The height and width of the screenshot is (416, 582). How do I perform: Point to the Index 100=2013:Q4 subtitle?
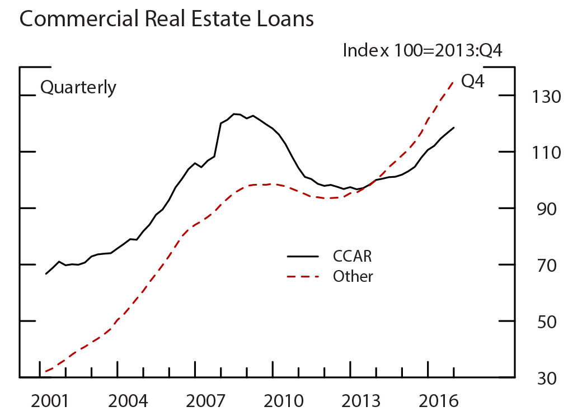pyautogui.click(x=423, y=50)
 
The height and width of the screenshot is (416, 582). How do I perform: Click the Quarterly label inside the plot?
pyautogui.click(x=78, y=88)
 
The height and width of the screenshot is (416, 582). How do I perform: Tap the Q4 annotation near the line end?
pyautogui.click(x=472, y=81)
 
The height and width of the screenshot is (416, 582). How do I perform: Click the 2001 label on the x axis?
pyautogui.click(x=50, y=401)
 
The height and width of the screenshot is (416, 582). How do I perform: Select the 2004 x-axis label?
pyautogui.click(x=129, y=401)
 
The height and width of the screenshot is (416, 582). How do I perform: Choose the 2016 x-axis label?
pyautogui.click(x=440, y=401)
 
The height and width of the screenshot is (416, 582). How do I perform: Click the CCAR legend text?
pyautogui.click(x=352, y=257)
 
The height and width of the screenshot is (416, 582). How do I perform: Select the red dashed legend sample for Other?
pyautogui.click(x=303, y=276)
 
